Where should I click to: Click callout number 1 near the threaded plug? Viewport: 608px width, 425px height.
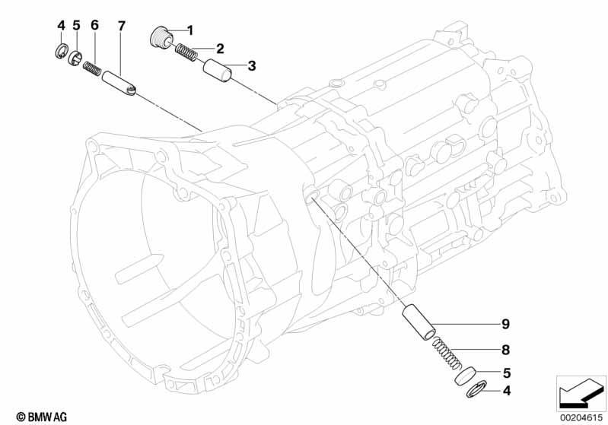click(189, 30)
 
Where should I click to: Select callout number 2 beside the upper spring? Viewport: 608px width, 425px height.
click(220, 49)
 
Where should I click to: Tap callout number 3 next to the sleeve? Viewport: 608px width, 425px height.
click(252, 66)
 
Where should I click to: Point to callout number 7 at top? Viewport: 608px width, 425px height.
click(121, 27)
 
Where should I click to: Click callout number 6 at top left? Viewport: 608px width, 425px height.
click(94, 25)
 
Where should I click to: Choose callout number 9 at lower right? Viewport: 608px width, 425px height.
click(505, 324)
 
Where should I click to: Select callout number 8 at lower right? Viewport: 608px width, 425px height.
click(505, 350)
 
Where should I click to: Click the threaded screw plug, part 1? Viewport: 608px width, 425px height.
click(161, 37)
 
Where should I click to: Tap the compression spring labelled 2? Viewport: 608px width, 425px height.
click(187, 52)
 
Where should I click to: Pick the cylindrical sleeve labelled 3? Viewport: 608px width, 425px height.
click(217, 70)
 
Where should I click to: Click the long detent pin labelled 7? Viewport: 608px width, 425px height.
click(119, 84)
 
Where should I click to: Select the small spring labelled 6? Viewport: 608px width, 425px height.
click(92, 69)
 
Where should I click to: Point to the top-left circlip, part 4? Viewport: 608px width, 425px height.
click(62, 52)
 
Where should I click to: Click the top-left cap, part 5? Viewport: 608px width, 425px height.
click(76, 59)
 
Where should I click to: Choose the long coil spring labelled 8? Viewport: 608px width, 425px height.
click(447, 353)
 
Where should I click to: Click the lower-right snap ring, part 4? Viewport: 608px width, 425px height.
click(476, 389)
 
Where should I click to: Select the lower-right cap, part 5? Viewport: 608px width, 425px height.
click(466, 376)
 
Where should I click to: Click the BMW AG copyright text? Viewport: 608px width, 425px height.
click(42, 417)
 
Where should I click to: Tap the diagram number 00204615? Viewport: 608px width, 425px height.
click(581, 417)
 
